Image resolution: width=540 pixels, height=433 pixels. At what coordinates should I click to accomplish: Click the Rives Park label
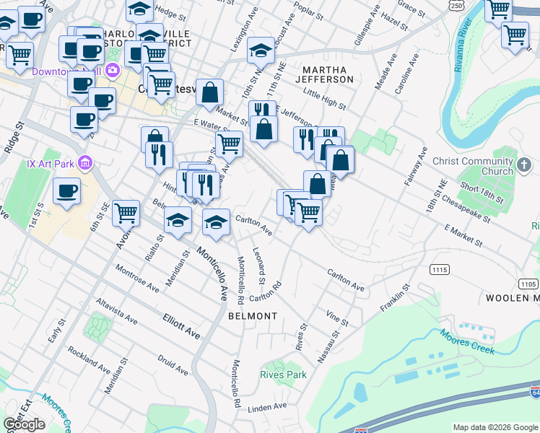tap(283, 375)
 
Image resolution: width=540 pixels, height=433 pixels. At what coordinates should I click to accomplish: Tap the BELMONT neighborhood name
tap(253, 316)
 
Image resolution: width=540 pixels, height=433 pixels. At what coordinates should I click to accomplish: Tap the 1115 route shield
tap(440, 269)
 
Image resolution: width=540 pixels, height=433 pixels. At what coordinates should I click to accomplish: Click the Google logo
tap(24, 424)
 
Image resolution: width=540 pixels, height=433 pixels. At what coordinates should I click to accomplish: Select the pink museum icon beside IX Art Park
tap(86, 163)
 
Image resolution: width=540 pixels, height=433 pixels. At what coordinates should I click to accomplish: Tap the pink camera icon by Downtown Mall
tap(112, 70)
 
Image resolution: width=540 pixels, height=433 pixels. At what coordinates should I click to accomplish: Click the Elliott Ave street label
tap(180, 325)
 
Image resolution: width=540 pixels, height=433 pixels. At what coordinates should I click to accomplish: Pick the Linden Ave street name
tap(268, 408)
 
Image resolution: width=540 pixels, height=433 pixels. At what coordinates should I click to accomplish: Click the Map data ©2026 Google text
tap(495, 427)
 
